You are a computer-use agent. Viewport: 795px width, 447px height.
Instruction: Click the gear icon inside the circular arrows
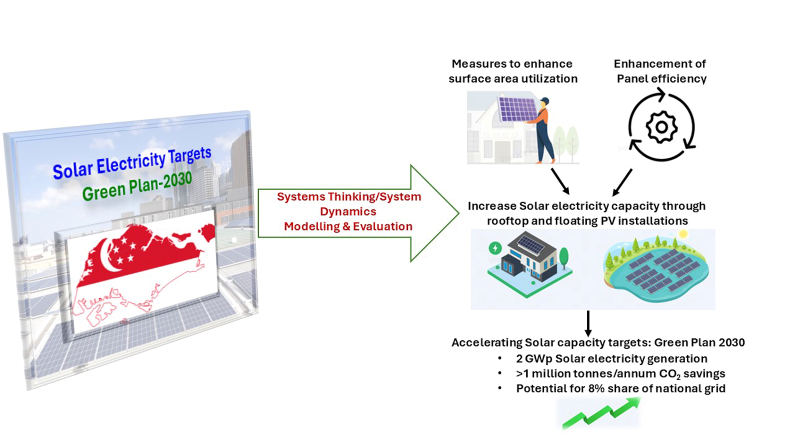[x=661, y=127]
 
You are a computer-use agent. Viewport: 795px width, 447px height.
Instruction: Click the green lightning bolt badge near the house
[x=495, y=248]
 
